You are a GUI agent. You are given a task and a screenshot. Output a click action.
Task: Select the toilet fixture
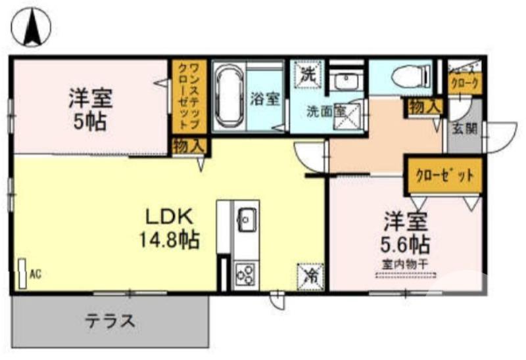(407, 78)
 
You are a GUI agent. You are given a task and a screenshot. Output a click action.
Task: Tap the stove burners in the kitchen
(245, 272)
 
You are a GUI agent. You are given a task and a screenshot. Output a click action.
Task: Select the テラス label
(110, 321)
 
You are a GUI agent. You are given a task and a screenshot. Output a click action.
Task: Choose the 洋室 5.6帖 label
(406, 233)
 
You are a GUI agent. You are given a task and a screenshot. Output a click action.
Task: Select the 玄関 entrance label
(464, 129)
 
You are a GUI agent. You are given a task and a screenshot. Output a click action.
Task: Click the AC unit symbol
(22, 273)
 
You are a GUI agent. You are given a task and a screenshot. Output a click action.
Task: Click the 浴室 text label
(265, 100)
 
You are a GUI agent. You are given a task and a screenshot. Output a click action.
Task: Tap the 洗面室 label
(327, 111)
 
